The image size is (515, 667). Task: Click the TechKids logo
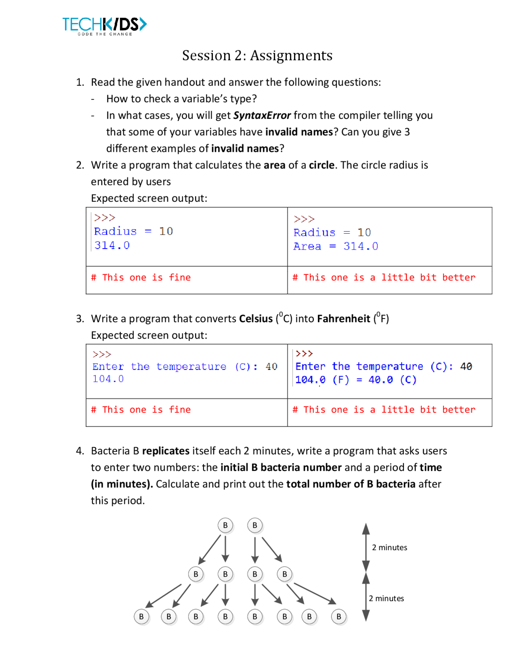point(105,26)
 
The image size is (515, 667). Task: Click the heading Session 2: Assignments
point(257,55)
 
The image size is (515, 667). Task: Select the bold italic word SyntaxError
point(262,115)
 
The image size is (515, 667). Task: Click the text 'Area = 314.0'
point(336,246)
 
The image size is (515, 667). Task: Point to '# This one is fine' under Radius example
point(141,278)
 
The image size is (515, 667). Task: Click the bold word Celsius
point(256,319)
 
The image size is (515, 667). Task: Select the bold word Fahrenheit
point(343,319)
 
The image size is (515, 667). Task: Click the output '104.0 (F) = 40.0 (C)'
point(356,380)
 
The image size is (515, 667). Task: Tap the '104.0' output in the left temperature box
point(108,379)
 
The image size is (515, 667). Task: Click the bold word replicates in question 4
point(166,451)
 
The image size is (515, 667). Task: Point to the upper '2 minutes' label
point(389,547)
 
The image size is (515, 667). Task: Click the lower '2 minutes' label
point(386,599)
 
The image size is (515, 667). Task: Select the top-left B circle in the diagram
point(225,525)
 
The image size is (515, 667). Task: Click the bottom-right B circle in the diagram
point(339,617)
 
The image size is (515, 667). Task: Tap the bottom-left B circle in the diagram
point(141,617)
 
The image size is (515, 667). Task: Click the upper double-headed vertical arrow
point(366,547)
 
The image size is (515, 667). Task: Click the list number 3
point(80,319)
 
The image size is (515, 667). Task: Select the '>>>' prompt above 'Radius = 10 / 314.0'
point(105,218)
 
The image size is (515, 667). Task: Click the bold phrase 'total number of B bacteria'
point(350,484)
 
